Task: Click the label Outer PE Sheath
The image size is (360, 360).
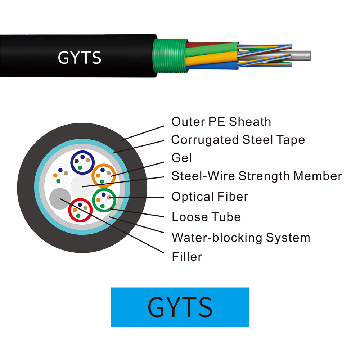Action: click(x=221, y=122)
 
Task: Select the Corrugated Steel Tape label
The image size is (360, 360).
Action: click(x=238, y=140)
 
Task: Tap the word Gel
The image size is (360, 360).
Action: click(x=181, y=158)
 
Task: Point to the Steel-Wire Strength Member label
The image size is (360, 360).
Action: click(x=256, y=176)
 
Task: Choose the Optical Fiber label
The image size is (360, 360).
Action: click(x=210, y=197)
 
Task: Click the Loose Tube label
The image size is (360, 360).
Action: click(x=206, y=217)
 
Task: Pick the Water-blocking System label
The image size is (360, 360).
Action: click(x=240, y=238)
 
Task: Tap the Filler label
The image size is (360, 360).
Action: click(x=186, y=257)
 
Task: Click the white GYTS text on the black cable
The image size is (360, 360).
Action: click(x=80, y=58)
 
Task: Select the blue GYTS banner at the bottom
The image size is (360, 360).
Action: click(x=180, y=307)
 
